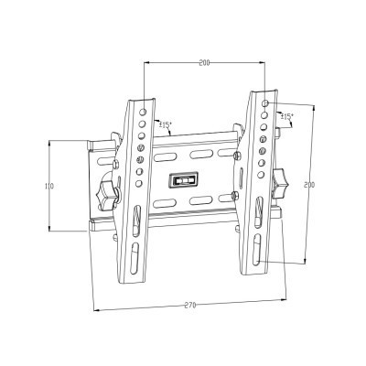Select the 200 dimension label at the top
pyautogui.click(x=203, y=63)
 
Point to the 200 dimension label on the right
pyautogui.click(x=309, y=184)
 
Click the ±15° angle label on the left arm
pyautogui.click(x=166, y=125)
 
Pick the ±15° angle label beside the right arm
pyautogui.click(x=286, y=117)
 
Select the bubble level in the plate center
pyautogui.click(x=185, y=179)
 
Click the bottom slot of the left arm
pyautogui.click(x=135, y=253)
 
